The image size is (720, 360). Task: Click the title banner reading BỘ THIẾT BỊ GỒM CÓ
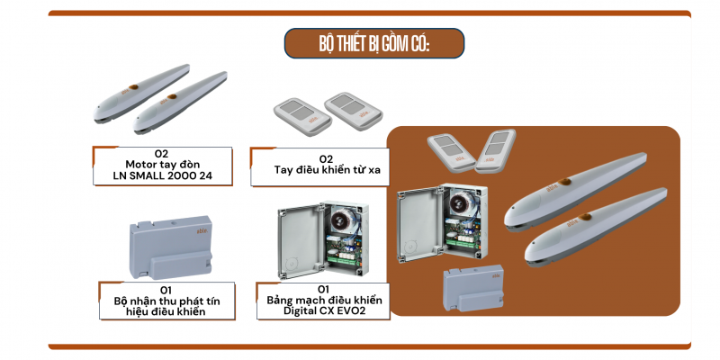click(374, 43)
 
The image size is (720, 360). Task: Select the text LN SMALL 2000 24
click(163, 175)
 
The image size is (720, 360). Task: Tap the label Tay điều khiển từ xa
click(328, 169)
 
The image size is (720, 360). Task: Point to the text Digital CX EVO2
click(324, 310)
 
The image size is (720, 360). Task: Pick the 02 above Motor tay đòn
click(162, 154)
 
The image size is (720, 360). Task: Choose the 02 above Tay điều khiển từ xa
click(326, 159)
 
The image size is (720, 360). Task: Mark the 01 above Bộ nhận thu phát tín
click(166, 290)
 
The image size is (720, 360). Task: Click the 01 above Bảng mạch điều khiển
click(324, 289)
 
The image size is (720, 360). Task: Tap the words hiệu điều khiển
click(166, 311)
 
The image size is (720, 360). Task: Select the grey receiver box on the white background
click(171, 247)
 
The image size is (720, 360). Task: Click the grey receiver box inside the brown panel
click(473, 288)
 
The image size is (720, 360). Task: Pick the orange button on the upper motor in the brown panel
click(564, 183)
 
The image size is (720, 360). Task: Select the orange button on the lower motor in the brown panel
click(585, 217)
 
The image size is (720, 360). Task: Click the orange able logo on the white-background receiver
click(202, 230)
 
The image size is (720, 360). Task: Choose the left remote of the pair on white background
click(302, 117)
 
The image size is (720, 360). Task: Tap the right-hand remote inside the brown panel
click(496, 151)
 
